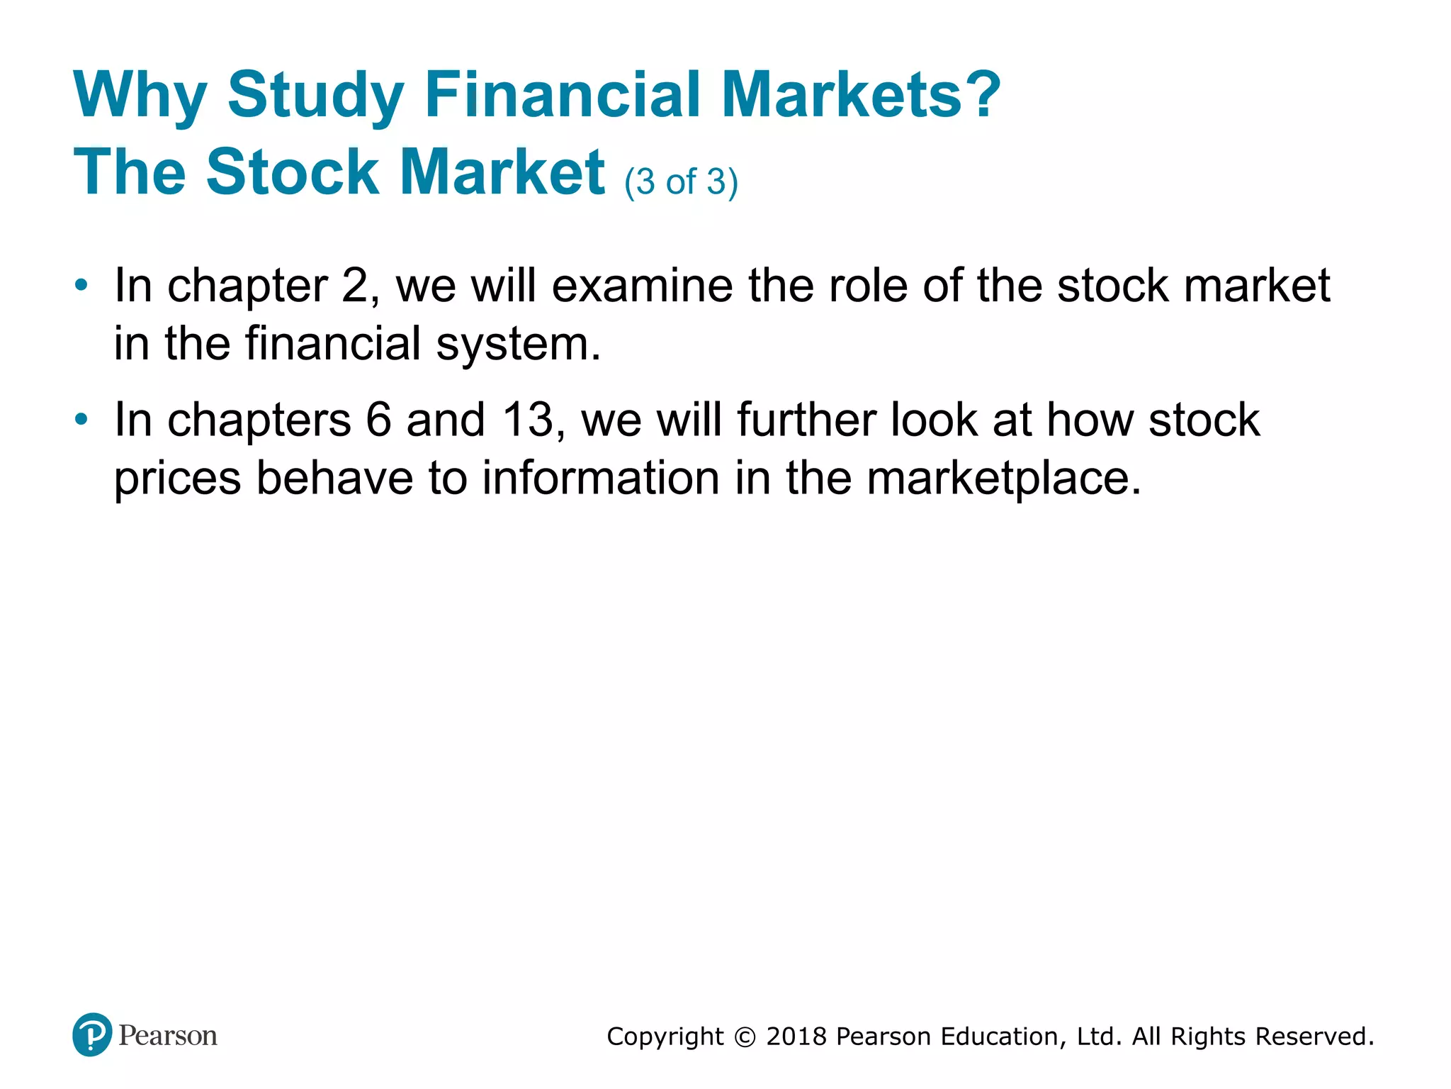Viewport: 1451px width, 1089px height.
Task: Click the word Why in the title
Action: click(140, 96)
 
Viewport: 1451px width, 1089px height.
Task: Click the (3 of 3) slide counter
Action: click(681, 181)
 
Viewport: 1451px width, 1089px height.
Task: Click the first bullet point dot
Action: click(82, 286)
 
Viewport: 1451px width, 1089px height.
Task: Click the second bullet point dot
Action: click(82, 420)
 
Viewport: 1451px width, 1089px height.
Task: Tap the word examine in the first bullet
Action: click(642, 286)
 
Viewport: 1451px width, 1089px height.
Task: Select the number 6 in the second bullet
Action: click(378, 419)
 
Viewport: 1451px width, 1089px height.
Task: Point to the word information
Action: click(601, 478)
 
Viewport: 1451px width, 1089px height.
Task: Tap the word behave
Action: click(334, 478)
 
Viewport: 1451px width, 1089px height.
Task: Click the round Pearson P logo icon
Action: click(92, 1034)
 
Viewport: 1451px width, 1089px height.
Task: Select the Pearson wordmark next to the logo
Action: click(168, 1036)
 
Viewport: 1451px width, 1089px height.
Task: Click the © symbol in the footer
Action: click(745, 1037)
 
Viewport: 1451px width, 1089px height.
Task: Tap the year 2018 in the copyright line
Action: click(796, 1037)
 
